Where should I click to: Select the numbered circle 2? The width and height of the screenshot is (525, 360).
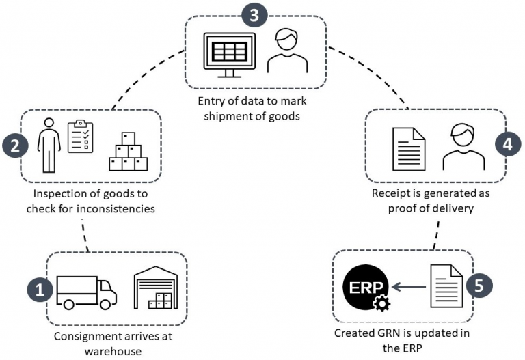point(14,146)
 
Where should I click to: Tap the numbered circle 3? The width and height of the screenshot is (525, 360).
point(254,16)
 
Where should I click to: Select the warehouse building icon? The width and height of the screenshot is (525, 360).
point(156,288)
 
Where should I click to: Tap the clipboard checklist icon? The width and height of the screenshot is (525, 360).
point(81,137)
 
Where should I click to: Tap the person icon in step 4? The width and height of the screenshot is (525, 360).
point(463,146)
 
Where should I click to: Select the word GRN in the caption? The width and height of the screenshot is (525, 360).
point(388,335)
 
